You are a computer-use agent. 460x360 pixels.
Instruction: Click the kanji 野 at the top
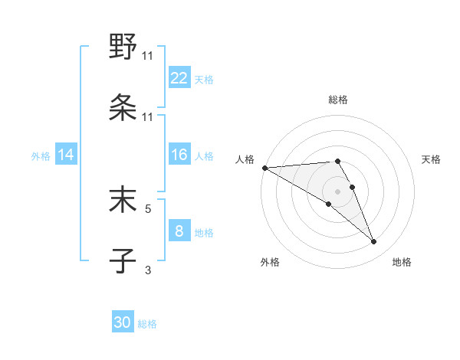click(x=123, y=47)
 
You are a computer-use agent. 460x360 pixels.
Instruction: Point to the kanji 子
click(x=123, y=260)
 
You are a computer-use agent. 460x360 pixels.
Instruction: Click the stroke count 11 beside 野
click(x=148, y=55)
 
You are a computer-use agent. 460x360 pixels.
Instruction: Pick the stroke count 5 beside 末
click(x=148, y=207)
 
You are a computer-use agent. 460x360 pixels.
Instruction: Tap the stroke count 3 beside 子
click(x=148, y=269)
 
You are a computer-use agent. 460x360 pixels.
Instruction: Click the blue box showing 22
click(x=179, y=78)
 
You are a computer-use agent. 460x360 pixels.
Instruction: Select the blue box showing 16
click(x=179, y=155)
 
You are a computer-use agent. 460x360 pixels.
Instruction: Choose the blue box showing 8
click(x=179, y=231)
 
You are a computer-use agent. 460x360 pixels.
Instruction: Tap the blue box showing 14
click(x=66, y=155)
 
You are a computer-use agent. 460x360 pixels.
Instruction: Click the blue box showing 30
click(x=123, y=322)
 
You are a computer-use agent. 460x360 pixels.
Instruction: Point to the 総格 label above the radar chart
click(x=338, y=100)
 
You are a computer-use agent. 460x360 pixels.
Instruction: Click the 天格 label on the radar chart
click(x=432, y=159)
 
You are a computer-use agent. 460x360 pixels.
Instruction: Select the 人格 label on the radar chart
click(x=245, y=159)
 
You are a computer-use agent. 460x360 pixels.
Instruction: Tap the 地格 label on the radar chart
click(x=402, y=262)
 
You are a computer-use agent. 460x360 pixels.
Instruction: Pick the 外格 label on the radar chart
click(x=270, y=262)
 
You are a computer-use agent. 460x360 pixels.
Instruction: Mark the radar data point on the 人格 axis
click(x=264, y=168)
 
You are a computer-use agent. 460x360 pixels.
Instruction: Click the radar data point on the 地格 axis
click(x=374, y=242)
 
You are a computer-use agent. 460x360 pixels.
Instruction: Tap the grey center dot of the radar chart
click(x=338, y=191)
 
